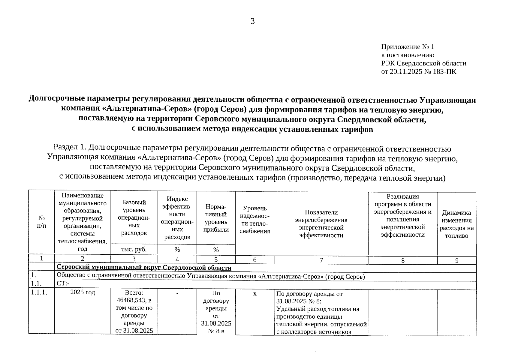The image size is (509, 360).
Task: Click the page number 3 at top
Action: [x=252, y=21]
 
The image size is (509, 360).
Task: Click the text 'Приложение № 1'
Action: [x=408, y=47]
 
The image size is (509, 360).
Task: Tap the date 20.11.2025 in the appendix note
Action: [x=405, y=72]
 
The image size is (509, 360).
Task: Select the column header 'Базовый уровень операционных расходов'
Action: [x=134, y=217]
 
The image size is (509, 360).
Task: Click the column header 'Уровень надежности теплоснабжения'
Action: [x=254, y=220]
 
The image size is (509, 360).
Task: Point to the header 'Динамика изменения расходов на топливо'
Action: [x=456, y=224]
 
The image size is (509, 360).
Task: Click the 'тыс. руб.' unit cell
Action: [x=134, y=249]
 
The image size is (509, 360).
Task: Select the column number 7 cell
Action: [x=321, y=260]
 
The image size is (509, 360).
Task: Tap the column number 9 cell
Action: [x=456, y=260]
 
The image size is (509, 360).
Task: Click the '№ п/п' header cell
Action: [x=41, y=222]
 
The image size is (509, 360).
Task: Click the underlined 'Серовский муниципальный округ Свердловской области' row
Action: [x=144, y=267]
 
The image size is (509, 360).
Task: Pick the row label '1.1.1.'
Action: [x=39, y=293]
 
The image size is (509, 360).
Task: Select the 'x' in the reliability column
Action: [x=254, y=294]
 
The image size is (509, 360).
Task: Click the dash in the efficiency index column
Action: [x=177, y=293]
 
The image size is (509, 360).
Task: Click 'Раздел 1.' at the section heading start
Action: [x=70, y=148]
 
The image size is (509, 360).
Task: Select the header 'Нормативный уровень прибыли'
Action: [x=216, y=218]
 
